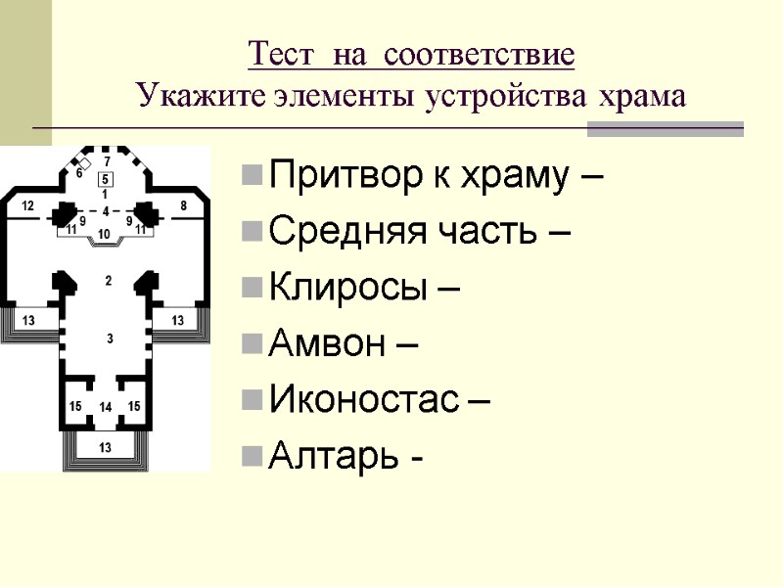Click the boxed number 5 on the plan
tap(106, 178)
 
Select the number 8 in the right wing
tap(183, 205)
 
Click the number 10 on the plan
tap(105, 234)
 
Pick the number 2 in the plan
tap(108, 281)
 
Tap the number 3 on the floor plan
tap(110, 339)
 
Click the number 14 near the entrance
tap(106, 406)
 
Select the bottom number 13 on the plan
tap(106, 447)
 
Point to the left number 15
tap(75, 406)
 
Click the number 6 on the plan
tap(79, 173)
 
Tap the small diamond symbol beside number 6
tap(86, 161)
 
